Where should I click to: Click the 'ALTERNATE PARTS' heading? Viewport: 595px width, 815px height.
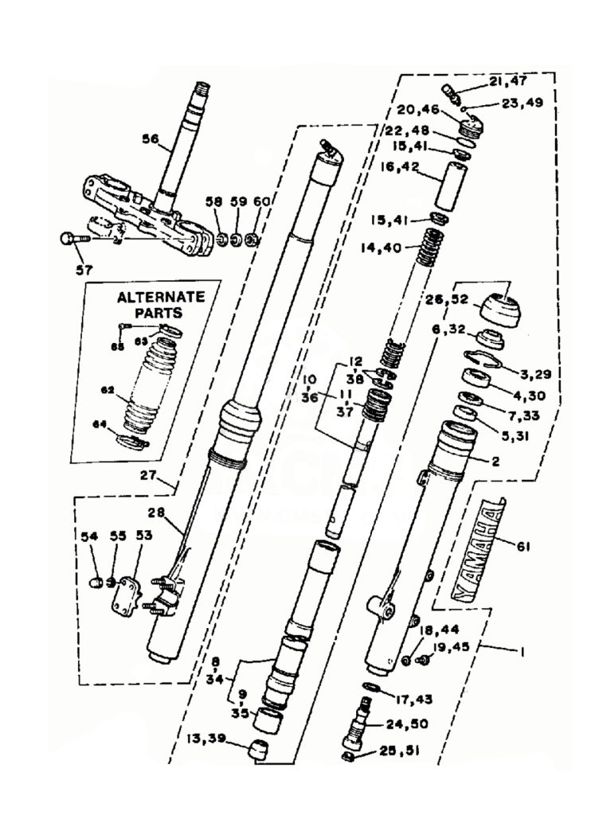pos(160,305)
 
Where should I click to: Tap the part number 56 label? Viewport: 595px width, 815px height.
pos(151,138)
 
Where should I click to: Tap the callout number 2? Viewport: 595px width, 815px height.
pos(495,460)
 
